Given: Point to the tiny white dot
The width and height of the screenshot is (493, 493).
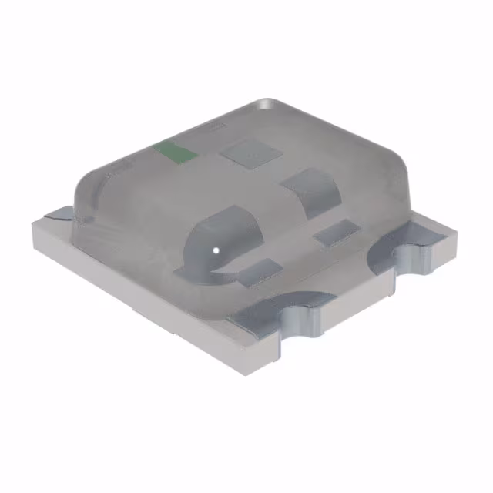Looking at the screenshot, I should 216,250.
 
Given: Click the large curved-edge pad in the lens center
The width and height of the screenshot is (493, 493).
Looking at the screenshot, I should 307,189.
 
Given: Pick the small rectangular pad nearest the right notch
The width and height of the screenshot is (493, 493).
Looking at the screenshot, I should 333,232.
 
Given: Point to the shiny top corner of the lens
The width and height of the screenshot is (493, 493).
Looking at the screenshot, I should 266,104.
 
